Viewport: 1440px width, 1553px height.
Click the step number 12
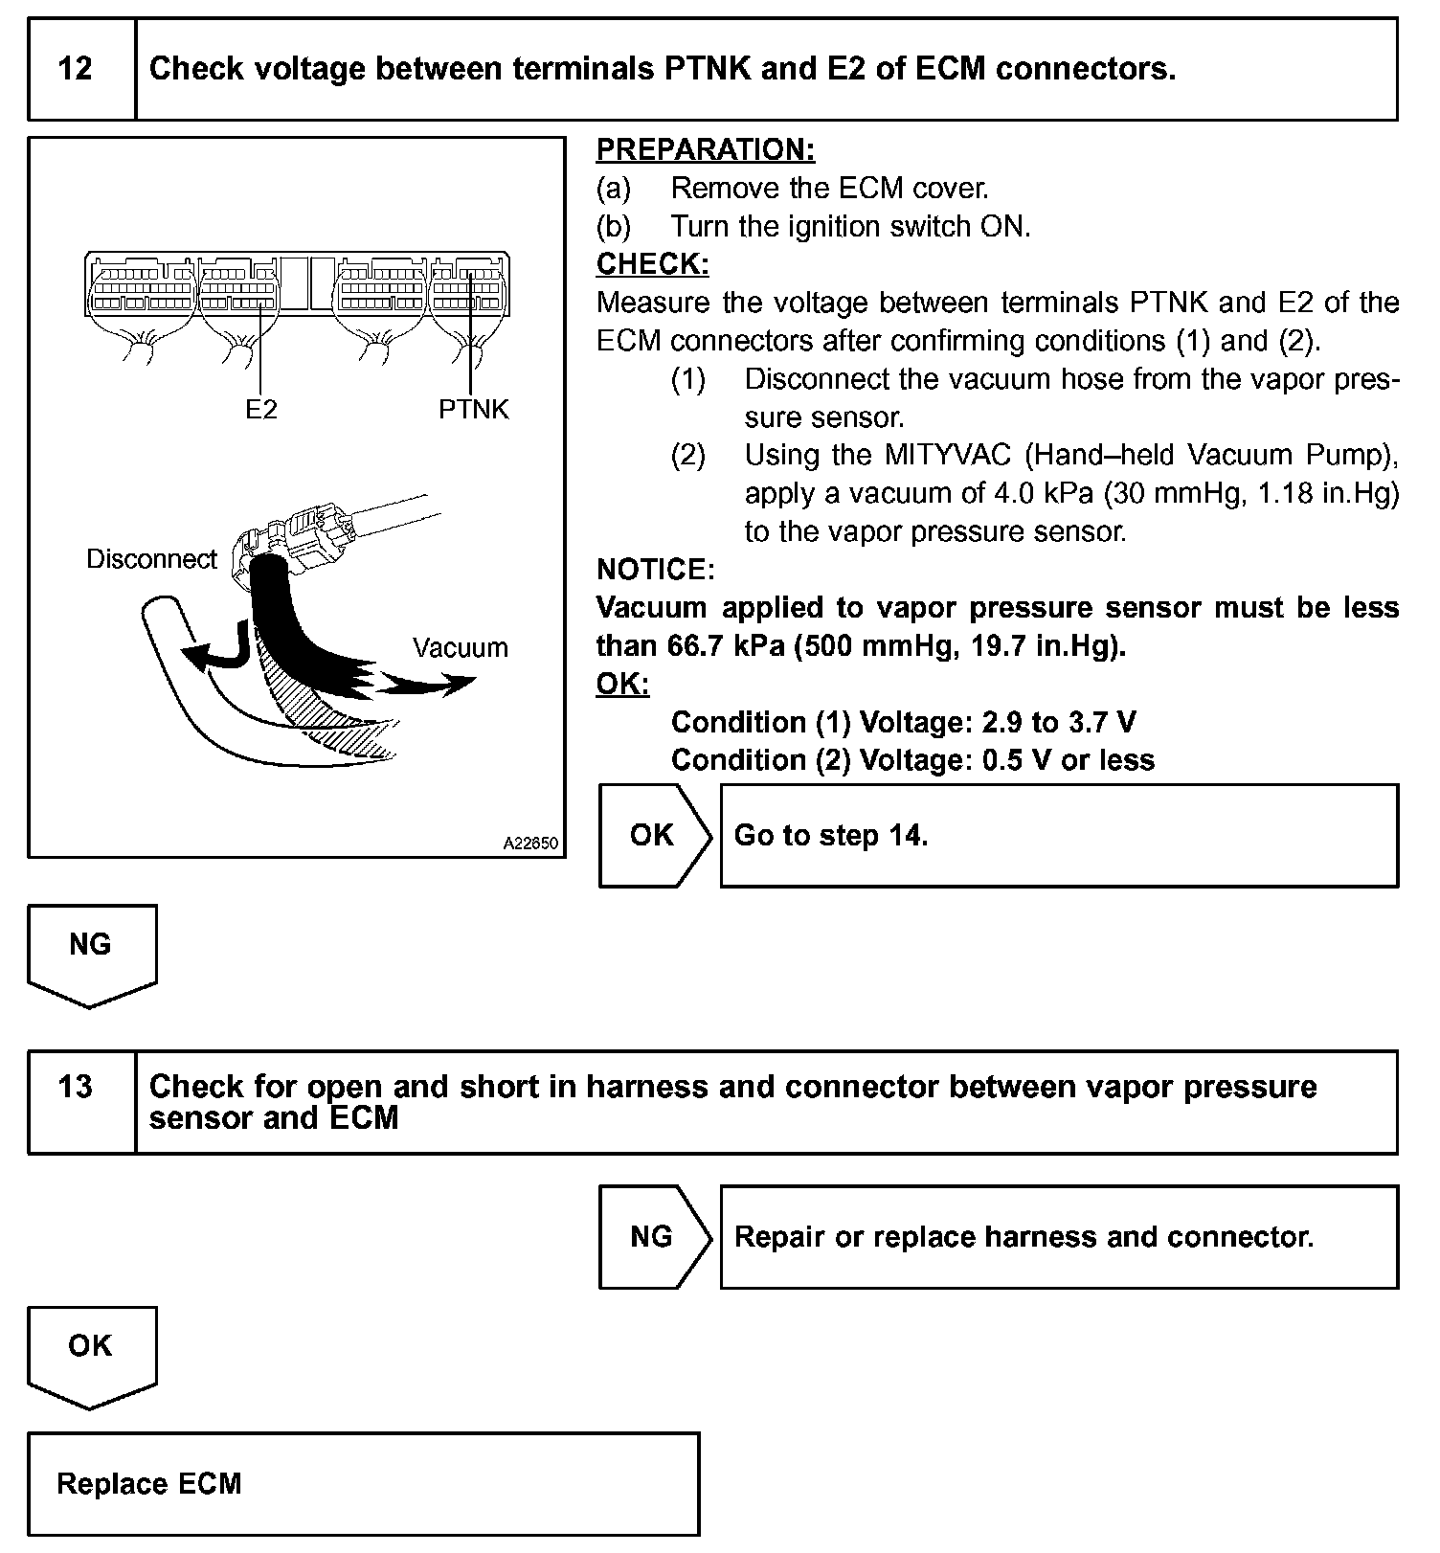point(76,69)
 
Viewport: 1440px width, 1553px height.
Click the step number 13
point(76,1087)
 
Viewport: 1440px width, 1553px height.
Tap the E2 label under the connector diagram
point(260,410)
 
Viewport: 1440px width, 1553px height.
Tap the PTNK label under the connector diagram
point(474,410)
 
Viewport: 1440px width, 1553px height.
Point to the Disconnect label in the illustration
point(151,559)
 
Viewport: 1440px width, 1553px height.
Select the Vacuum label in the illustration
point(461,648)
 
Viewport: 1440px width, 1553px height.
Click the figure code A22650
point(530,844)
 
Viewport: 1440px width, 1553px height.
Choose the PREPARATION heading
point(706,149)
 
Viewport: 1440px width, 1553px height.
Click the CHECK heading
point(652,264)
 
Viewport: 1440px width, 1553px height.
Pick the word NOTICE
point(655,570)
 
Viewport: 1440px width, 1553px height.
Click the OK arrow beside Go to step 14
point(653,836)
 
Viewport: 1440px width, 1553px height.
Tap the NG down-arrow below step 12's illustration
point(91,951)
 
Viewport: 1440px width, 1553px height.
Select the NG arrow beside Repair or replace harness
point(653,1237)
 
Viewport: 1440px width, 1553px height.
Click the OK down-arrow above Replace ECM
point(91,1352)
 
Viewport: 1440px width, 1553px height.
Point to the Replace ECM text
point(149,1484)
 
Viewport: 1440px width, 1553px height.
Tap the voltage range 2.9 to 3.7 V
point(1059,722)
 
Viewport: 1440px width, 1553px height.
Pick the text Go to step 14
point(830,836)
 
